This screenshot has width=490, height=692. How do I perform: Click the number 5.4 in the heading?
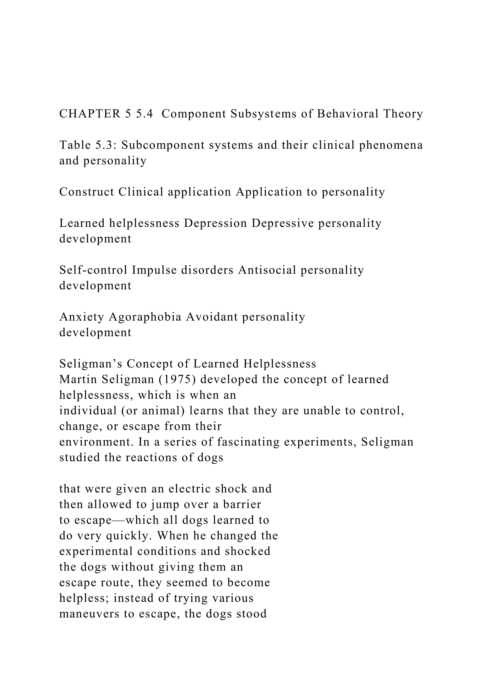145,114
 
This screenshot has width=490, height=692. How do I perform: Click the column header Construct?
87,192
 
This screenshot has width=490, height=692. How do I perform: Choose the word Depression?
215,223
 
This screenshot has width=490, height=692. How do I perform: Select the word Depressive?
283,223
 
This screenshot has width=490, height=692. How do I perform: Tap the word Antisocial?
267,270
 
